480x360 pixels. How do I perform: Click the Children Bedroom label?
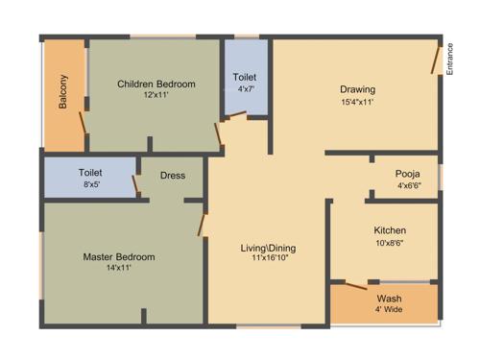click(x=156, y=84)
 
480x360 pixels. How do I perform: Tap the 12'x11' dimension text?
click(x=156, y=96)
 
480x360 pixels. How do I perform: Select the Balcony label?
click(x=63, y=92)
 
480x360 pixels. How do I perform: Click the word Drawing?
click(x=357, y=90)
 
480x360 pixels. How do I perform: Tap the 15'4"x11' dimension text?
click(x=357, y=102)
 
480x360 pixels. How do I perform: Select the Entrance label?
click(x=450, y=59)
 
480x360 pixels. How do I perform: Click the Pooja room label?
click(x=408, y=174)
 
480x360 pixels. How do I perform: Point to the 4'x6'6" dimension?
click(x=408, y=185)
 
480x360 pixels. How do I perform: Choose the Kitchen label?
click(x=389, y=230)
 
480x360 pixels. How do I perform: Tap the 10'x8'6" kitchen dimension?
click(x=389, y=243)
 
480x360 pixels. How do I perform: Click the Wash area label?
click(x=389, y=299)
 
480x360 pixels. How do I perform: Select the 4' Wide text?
click(x=389, y=310)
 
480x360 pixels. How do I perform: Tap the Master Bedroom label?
click(x=119, y=257)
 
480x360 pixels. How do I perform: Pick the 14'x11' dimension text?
click(x=119, y=269)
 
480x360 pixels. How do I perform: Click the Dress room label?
click(x=173, y=176)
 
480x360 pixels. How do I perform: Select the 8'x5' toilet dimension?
click(x=89, y=184)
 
